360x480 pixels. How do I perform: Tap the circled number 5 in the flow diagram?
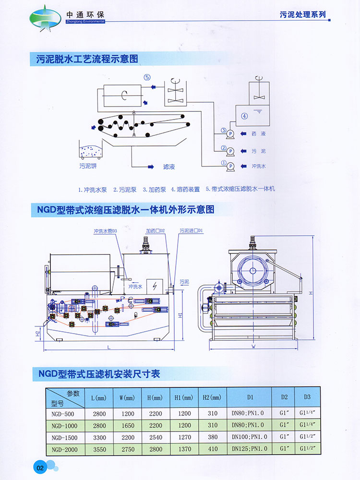[x=147, y=77]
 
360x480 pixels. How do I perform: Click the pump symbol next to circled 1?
[x=230, y=166]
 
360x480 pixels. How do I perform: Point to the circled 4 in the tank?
[x=244, y=116]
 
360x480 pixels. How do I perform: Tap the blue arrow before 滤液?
[x=150, y=167]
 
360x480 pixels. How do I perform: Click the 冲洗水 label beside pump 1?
[x=259, y=166]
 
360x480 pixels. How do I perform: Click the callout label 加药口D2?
[x=156, y=231]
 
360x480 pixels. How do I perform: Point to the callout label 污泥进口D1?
[x=192, y=231]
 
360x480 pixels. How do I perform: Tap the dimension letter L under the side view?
[x=109, y=346]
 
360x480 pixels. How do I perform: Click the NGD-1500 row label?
[x=63, y=437]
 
